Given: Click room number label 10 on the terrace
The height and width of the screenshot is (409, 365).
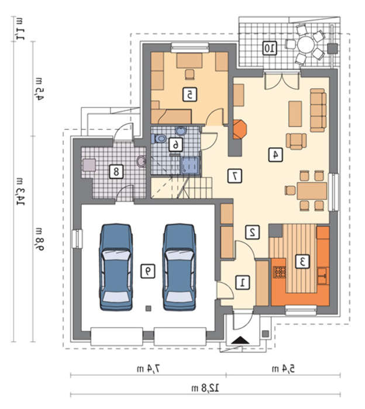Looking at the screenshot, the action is (x=270, y=48).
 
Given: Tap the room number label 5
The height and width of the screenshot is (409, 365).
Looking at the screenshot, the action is (x=190, y=95).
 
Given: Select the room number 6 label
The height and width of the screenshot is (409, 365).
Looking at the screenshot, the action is (x=175, y=144).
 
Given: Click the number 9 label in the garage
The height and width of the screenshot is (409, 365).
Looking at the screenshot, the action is (x=148, y=271).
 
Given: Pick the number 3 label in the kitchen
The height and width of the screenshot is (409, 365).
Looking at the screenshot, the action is (x=302, y=261).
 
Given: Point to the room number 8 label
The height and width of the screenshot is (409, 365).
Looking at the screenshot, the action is (x=116, y=172).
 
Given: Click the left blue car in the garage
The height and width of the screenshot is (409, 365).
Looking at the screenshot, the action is (x=116, y=268).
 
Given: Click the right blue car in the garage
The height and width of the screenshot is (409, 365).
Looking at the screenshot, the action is (x=180, y=268).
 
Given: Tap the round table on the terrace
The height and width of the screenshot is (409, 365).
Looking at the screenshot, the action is (x=305, y=44).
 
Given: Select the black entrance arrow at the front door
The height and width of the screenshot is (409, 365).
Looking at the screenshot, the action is (x=241, y=340).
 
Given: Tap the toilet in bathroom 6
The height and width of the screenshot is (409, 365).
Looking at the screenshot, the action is (x=159, y=138).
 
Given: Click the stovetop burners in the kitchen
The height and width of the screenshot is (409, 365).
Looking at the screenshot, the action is (x=280, y=272).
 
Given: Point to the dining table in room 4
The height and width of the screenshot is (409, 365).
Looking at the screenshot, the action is (x=312, y=191).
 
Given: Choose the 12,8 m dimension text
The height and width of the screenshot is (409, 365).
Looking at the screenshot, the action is (x=205, y=388).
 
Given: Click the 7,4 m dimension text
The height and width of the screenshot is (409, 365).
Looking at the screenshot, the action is (x=148, y=369).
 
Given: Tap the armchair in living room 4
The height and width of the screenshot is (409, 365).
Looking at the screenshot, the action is (x=296, y=141).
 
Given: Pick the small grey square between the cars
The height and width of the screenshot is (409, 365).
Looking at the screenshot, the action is (x=149, y=309).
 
